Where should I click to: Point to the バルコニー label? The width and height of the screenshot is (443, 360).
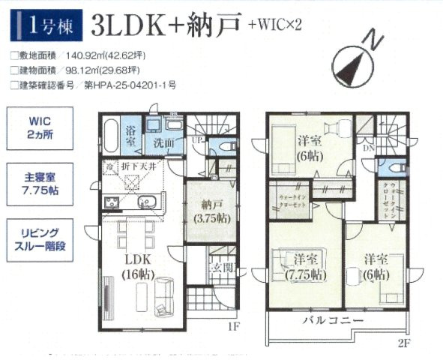pyautogui.click(x=334, y=321)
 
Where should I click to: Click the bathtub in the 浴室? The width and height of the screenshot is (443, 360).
pyautogui.click(x=108, y=135)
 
